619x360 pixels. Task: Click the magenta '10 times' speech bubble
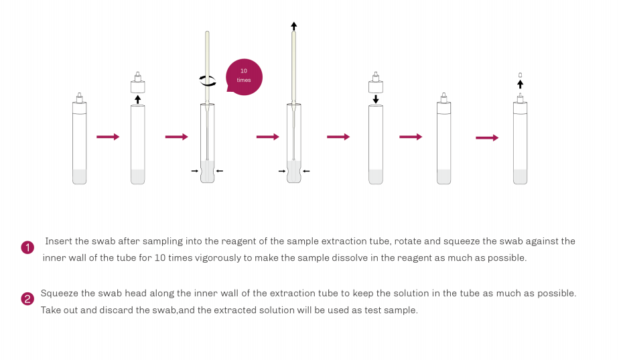point(244,77)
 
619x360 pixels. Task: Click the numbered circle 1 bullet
point(27,248)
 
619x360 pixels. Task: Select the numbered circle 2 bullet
point(27,299)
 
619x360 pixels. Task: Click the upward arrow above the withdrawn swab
point(293,26)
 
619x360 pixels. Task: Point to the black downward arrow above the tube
point(376,99)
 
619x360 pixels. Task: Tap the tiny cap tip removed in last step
point(520,75)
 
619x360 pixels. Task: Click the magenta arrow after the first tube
point(108,137)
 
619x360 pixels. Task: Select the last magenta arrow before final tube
point(487,138)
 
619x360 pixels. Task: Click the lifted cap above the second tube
point(138,82)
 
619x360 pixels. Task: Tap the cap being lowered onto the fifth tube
point(376,82)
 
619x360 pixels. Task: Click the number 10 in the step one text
point(160,257)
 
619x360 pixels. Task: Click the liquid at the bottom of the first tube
point(79,176)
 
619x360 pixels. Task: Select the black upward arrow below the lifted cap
point(138,99)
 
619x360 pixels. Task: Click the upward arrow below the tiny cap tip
point(521,84)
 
